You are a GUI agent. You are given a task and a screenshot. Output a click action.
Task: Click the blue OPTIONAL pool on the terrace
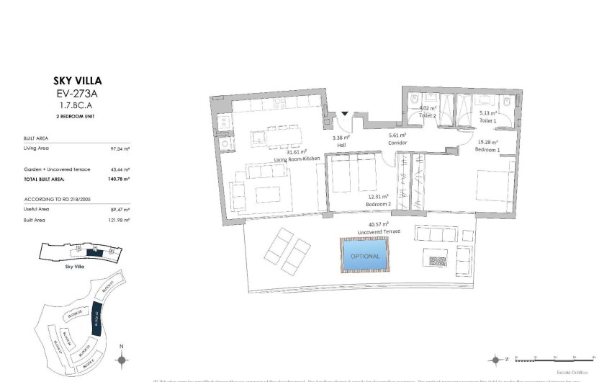pyautogui.click(x=365, y=255)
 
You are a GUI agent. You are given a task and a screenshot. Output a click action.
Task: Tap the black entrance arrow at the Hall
pyautogui.click(x=345, y=113)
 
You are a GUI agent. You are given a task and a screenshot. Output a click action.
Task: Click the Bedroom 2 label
pyautogui.click(x=378, y=204)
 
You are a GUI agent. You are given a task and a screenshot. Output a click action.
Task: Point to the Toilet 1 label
pyautogui.click(x=490, y=121)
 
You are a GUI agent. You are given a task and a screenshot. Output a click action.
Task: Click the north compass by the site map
pyautogui.click(x=122, y=359)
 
